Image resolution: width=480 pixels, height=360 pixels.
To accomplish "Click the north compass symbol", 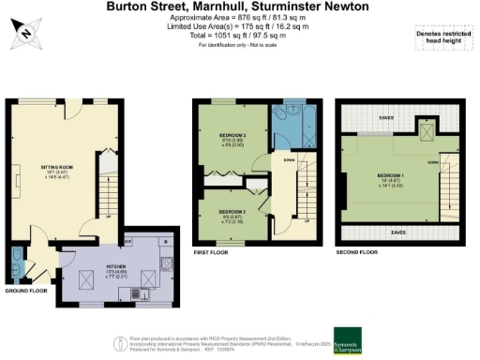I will pos(25,32).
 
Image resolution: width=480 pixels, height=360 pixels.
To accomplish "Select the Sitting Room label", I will pos(60,169).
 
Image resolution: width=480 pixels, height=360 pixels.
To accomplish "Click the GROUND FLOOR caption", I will pos(25,291).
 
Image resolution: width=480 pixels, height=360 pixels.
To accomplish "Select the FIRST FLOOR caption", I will pos(212,253).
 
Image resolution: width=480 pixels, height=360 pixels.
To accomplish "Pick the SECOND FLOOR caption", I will pos(356,253).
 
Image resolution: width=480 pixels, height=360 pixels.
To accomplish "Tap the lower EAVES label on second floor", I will pos(397,231).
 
